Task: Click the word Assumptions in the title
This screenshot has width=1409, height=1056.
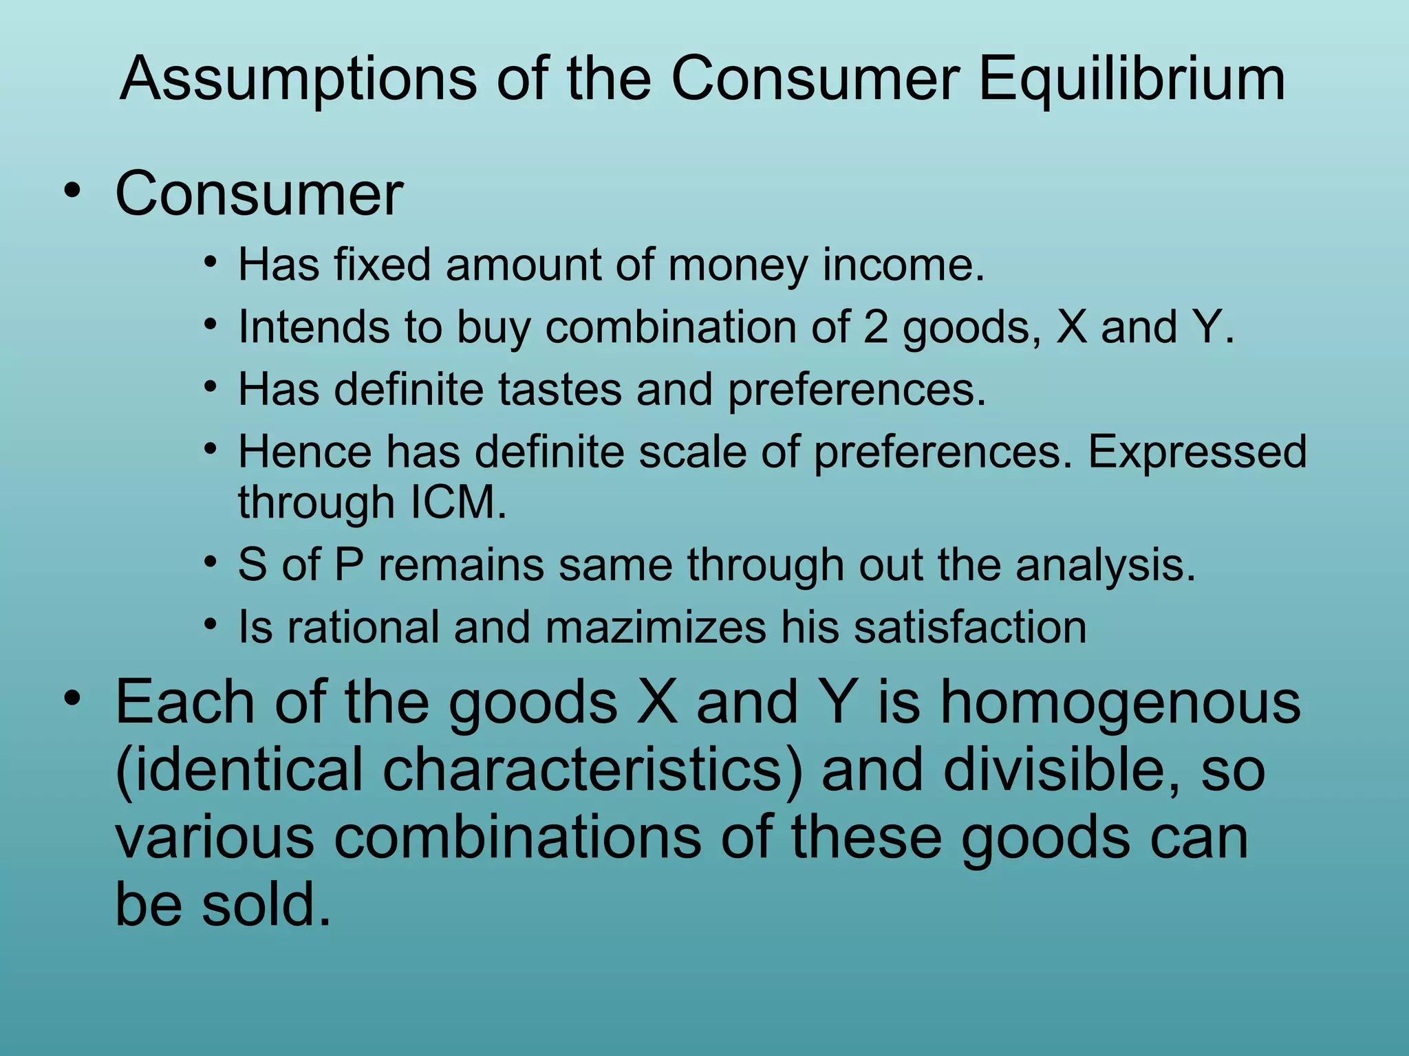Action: [x=298, y=80]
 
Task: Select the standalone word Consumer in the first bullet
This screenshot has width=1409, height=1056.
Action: [x=259, y=195]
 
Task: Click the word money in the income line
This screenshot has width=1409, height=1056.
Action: [x=738, y=265]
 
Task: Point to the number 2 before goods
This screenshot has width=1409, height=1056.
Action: [x=875, y=327]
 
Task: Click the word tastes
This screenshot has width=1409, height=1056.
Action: [x=560, y=390]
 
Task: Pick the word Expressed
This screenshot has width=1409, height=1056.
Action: [x=1197, y=452]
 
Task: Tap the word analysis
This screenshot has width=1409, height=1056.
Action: [x=1106, y=565]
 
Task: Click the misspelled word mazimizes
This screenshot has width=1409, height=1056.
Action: [x=655, y=628]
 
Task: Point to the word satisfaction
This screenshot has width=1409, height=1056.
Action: [x=970, y=628]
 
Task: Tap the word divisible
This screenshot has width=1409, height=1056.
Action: [x=1063, y=770]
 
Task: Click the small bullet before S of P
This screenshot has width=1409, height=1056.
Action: [x=211, y=562]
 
